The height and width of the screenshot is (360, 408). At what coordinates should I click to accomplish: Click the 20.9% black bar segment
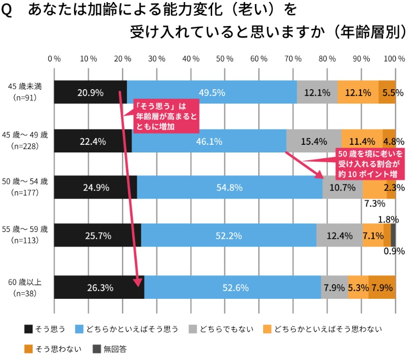pos(90,92)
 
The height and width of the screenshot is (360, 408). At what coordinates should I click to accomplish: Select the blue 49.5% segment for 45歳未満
pos(212,92)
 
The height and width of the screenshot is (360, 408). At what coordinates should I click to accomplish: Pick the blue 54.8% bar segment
pos(229,187)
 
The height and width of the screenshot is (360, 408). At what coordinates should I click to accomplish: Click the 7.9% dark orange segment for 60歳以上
pos(381,287)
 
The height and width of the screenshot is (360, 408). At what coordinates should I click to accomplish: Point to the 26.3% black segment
pos(99,287)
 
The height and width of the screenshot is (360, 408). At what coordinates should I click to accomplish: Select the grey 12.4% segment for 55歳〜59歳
pos(339,235)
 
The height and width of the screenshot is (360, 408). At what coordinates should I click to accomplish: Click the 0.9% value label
pos(394,251)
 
